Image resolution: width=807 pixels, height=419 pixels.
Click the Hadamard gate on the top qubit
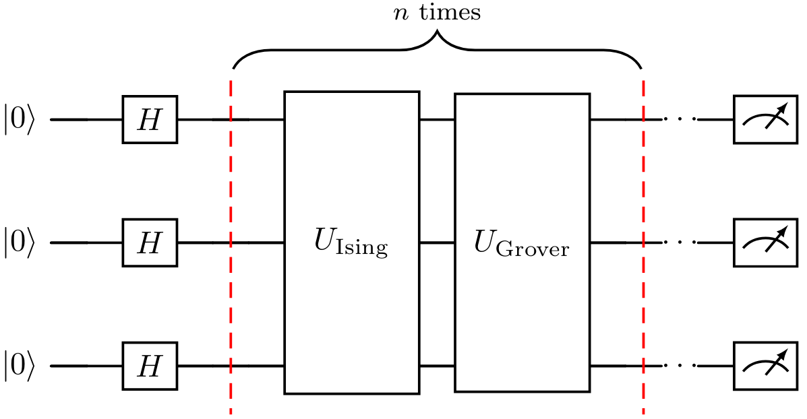[x=150, y=119]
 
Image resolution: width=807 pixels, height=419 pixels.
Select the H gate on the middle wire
[x=150, y=243]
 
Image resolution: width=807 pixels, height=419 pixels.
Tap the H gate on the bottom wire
[x=150, y=366]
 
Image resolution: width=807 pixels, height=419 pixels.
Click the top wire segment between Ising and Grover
[x=437, y=120]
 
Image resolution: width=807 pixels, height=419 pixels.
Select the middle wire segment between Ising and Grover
[x=437, y=243]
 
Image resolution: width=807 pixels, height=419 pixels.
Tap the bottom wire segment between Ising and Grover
[x=437, y=366]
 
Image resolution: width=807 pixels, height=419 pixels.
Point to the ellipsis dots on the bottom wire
[x=679, y=366]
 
